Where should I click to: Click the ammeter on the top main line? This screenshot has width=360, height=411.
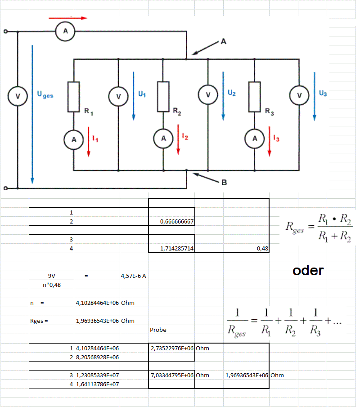(66, 31)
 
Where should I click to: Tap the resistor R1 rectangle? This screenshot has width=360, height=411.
(74, 97)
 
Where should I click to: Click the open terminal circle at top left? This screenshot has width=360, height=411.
(5, 32)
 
